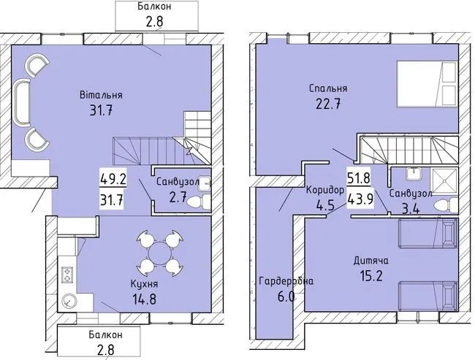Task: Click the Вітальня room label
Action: [x=101, y=95]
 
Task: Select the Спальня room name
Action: [x=327, y=89]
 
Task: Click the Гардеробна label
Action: [x=286, y=281]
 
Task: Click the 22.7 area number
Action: [x=327, y=105]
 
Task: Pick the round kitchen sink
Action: [x=69, y=299]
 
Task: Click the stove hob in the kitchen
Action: [x=69, y=274]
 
